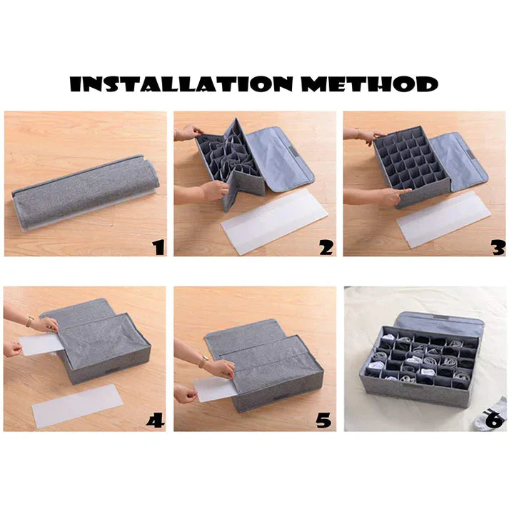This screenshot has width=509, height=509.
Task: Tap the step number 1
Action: point(158,247)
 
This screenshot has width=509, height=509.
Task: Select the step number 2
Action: point(327,247)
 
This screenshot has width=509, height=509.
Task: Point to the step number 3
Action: point(497,247)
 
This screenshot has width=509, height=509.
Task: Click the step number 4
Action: point(155,420)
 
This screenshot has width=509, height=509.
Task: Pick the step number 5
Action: point(325,420)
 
